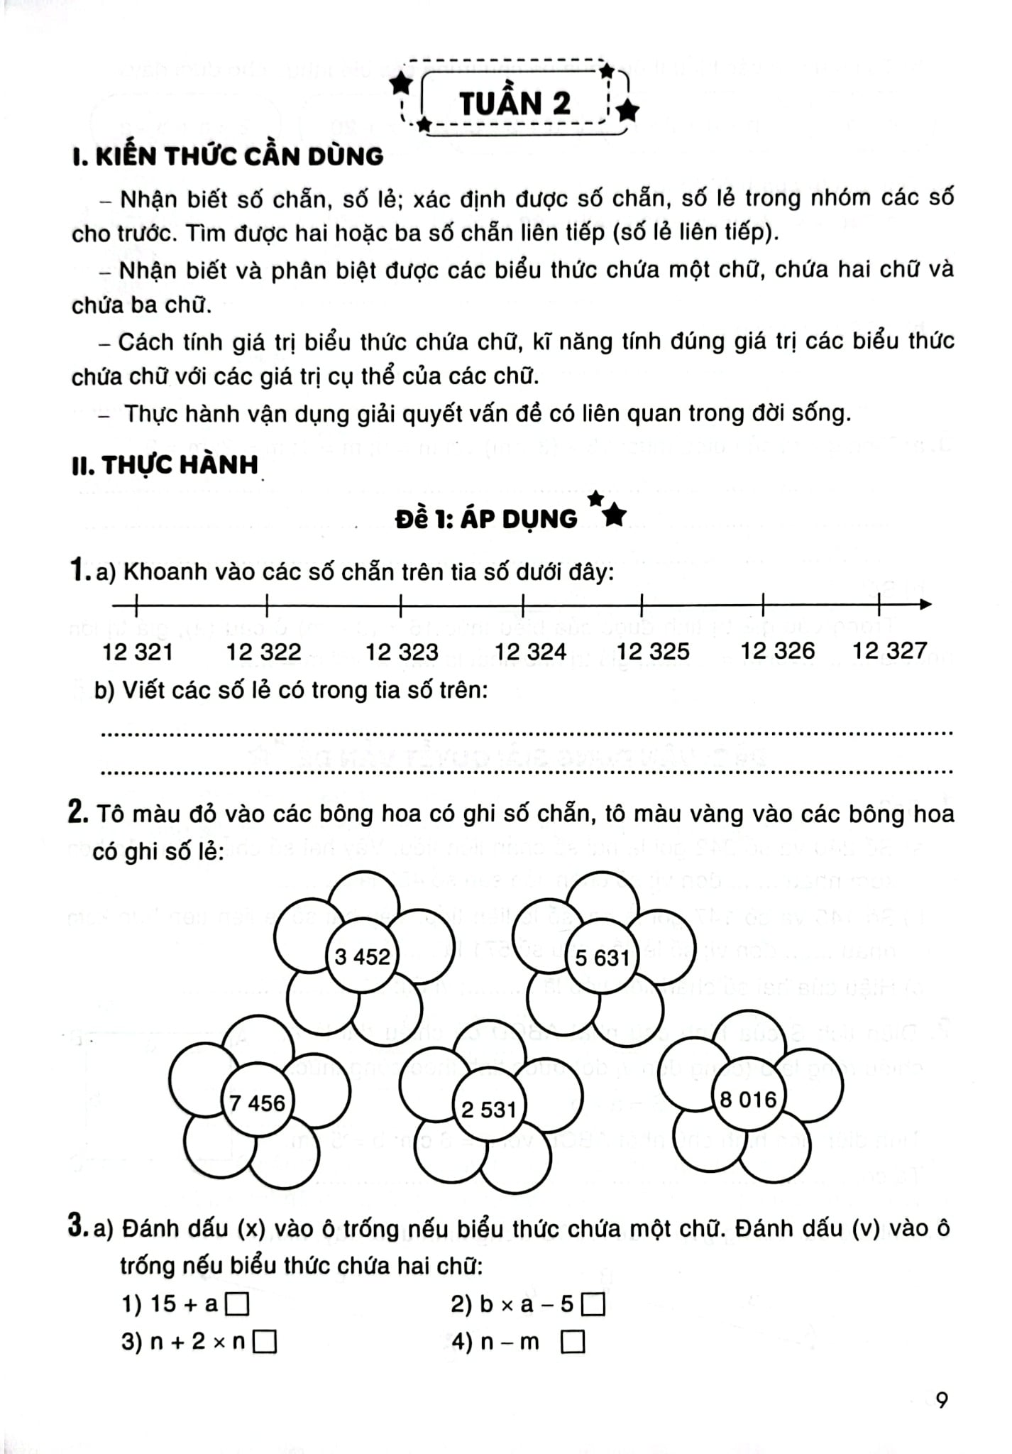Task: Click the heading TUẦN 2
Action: [x=515, y=104]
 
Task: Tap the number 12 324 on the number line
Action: [x=530, y=651]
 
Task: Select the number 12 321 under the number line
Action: [x=138, y=652]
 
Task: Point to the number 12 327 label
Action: [x=889, y=650]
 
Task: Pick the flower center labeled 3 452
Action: [x=362, y=956]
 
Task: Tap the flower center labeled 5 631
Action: [x=602, y=958]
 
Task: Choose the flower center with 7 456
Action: [x=257, y=1103]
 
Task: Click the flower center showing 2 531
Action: [x=488, y=1108]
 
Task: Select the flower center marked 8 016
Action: [x=748, y=1100]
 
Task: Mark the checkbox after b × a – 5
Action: [x=593, y=1305]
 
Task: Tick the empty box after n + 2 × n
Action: [x=265, y=1343]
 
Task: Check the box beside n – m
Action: [x=573, y=1343]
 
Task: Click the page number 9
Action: [x=942, y=1400]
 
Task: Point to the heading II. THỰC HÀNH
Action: [x=165, y=466]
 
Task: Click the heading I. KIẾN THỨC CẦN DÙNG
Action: [x=228, y=156]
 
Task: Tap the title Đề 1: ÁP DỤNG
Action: [x=487, y=519]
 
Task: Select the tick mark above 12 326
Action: [x=763, y=605]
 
